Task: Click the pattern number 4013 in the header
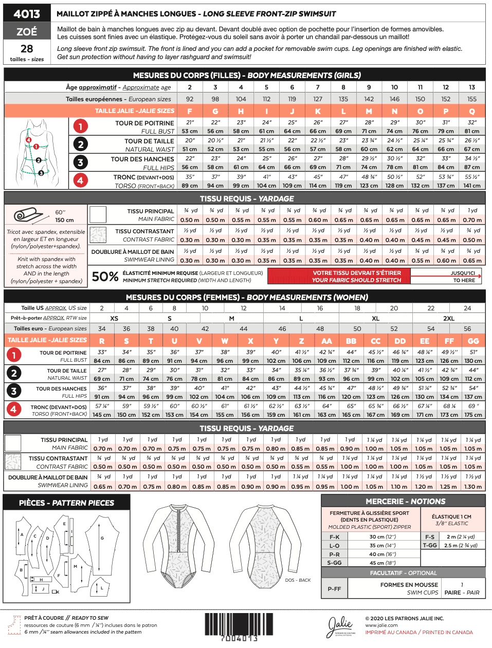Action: point(27,14)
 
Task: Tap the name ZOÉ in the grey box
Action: point(27,31)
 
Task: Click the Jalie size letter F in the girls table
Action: point(190,111)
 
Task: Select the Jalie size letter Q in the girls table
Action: point(471,111)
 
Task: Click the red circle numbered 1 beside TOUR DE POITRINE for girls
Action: point(80,126)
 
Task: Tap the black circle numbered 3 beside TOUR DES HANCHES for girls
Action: point(80,163)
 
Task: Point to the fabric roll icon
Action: point(29,215)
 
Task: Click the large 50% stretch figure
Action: point(105,276)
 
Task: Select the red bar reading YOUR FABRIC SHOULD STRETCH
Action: point(356,280)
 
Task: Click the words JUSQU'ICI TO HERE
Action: point(463,276)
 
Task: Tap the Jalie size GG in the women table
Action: point(473,341)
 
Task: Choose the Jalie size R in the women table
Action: point(102,341)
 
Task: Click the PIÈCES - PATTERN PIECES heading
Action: point(66,503)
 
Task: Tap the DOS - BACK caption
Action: point(298,580)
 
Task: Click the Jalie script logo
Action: point(341,625)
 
